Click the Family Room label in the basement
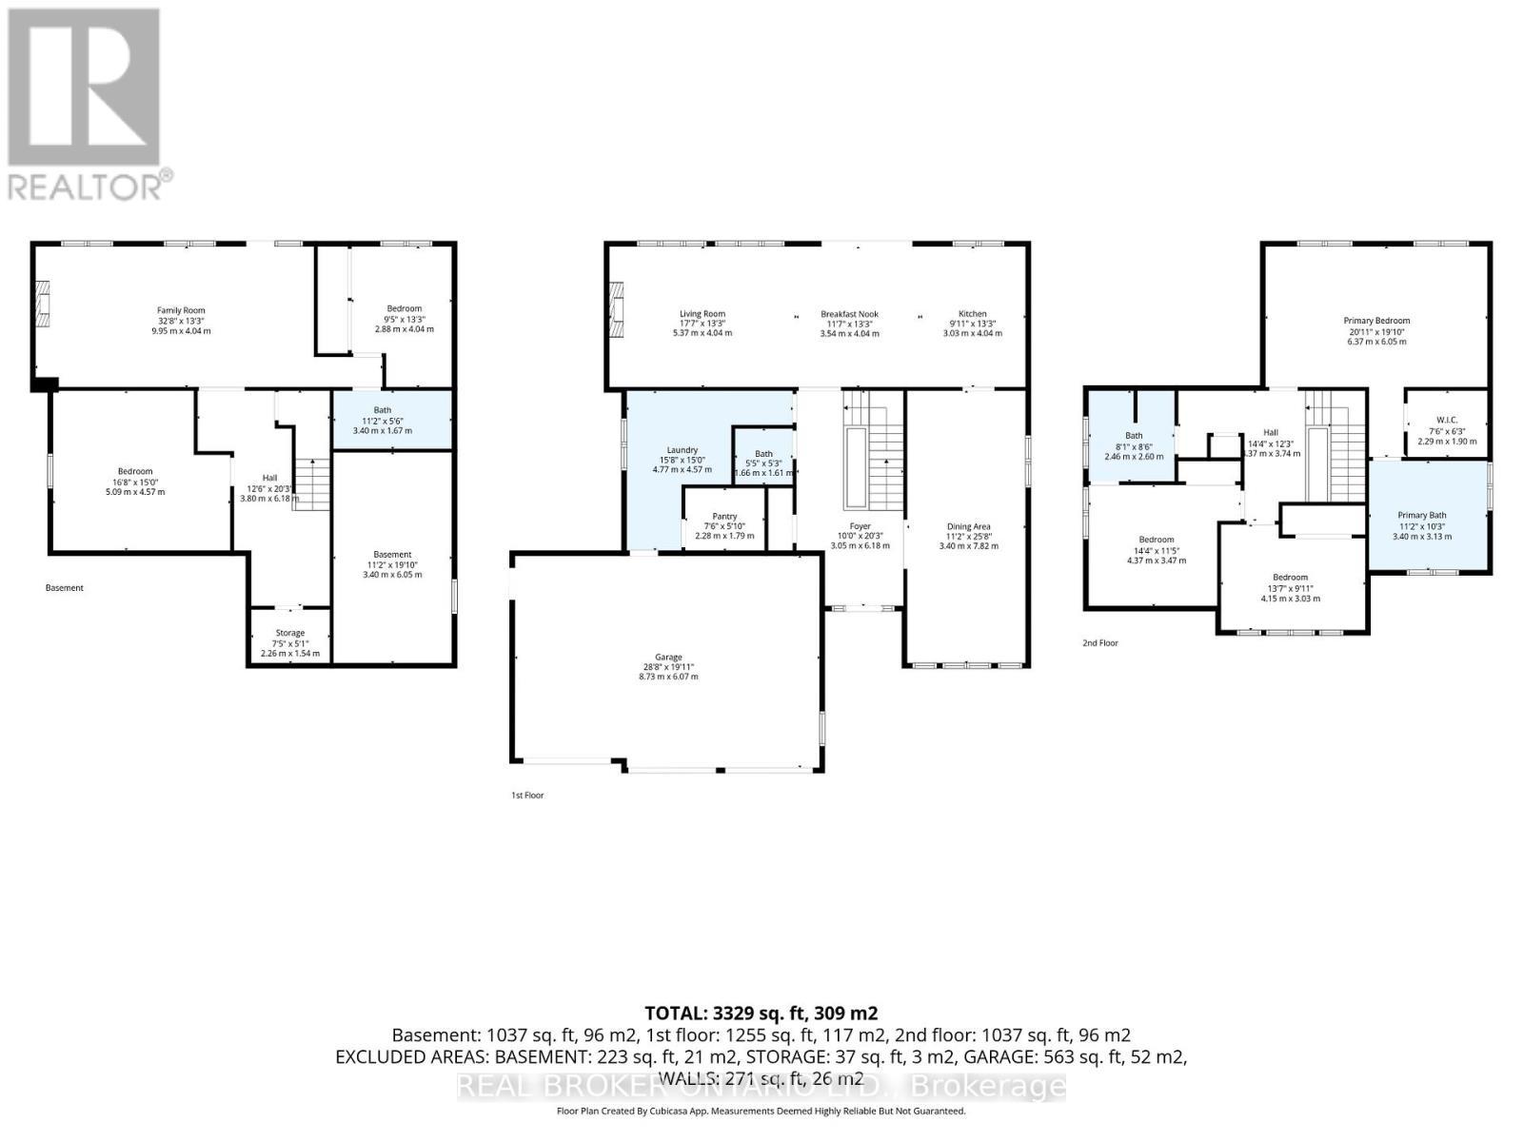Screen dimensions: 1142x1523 (181, 310)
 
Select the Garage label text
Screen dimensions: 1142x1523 (668, 657)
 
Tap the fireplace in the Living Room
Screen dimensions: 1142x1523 (616, 310)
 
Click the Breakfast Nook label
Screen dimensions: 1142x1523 (849, 314)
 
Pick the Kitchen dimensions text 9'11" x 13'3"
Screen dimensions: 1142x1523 (972, 324)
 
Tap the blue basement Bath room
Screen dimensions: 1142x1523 (390, 420)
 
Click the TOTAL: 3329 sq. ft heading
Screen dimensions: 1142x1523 (761, 1014)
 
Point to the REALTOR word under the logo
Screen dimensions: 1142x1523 (86, 187)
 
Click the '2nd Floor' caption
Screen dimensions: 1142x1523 (1100, 643)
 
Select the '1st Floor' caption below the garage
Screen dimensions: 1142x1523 (527, 795)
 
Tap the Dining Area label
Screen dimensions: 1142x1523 (968, 526)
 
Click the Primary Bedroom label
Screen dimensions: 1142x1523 (1376, 321)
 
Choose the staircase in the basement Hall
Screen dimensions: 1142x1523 (311, 483)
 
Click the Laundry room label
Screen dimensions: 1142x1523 (682, 450)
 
